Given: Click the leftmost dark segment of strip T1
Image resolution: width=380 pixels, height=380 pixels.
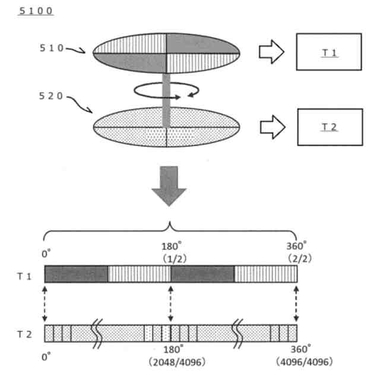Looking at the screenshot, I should [76, 274].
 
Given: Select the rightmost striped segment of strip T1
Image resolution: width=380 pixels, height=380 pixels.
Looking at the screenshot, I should [265, 274].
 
